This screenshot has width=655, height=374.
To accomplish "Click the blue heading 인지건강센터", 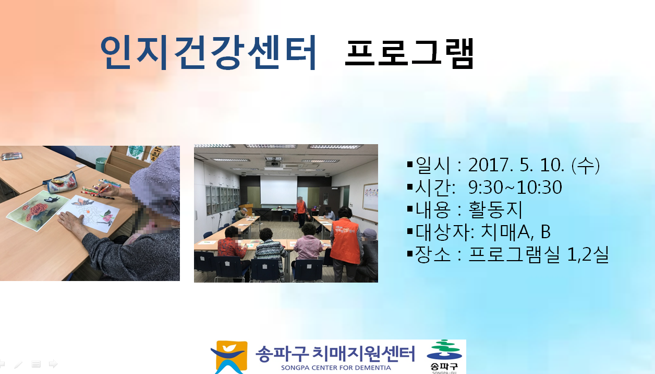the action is (x=208, y=53).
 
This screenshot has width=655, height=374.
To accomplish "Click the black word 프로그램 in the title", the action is (x=409, y=54).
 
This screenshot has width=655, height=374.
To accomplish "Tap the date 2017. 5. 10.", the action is (x=516, y=165).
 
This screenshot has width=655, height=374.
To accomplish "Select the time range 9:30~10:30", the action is (x=515, y=188).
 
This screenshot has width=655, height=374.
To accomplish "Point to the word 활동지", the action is (x=495, y=209).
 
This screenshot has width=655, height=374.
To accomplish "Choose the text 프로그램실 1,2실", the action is (x=539, y=254).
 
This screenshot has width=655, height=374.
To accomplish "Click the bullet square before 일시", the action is (x=410, y=164).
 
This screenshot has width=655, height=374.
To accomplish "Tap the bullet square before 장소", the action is (x=410, y=254).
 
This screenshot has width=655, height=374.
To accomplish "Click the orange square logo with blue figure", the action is (x=229, y=357).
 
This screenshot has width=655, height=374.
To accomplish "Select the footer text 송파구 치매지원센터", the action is (x=335, y=354).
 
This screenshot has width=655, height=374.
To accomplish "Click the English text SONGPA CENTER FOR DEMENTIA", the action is (x=336, y=368).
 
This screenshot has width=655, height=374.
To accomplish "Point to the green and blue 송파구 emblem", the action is (x=444, y=356).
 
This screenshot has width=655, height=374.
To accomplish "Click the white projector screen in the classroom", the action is (x=278, y=190).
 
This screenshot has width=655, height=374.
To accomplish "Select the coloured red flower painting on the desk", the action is (x=38, y=210).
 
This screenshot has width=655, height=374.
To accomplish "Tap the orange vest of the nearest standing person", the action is (x=345, y=240).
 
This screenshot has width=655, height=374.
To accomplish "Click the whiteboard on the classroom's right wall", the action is (x=370, y=197).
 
